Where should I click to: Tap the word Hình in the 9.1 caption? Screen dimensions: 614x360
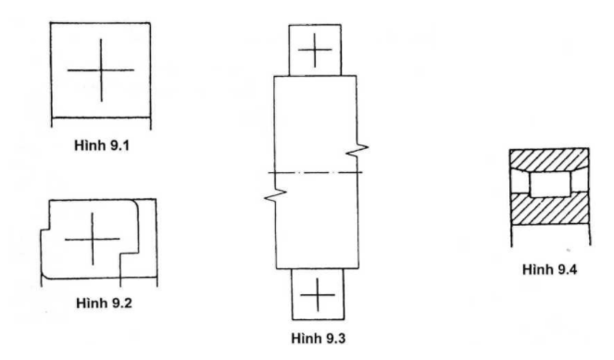pyautogui.click(x=88, y=146)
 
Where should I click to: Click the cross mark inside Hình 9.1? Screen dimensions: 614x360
pyautogui.click(x=101, y=70)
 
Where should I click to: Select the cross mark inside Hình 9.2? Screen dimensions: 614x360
pyautogui.click(x=93, y=239)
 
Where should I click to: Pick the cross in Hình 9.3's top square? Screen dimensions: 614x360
pyautogui.click(x=316, y=48)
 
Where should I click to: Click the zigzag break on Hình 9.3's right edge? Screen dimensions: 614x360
pyautogui.click(x=359, y=149)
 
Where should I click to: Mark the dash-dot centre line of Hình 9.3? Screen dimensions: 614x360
pyautogui.click(x=315, y=173)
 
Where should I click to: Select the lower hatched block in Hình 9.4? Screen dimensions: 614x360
pyautogui.click(x=550, y=221)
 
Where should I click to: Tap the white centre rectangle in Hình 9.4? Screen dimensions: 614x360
pyautogui.click(x=550, y=184)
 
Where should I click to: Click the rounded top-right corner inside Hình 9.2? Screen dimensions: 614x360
pyautogui.click(x=135, y=205)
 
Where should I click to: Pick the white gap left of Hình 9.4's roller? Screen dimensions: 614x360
pyautogui.click(x=520, y=183)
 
